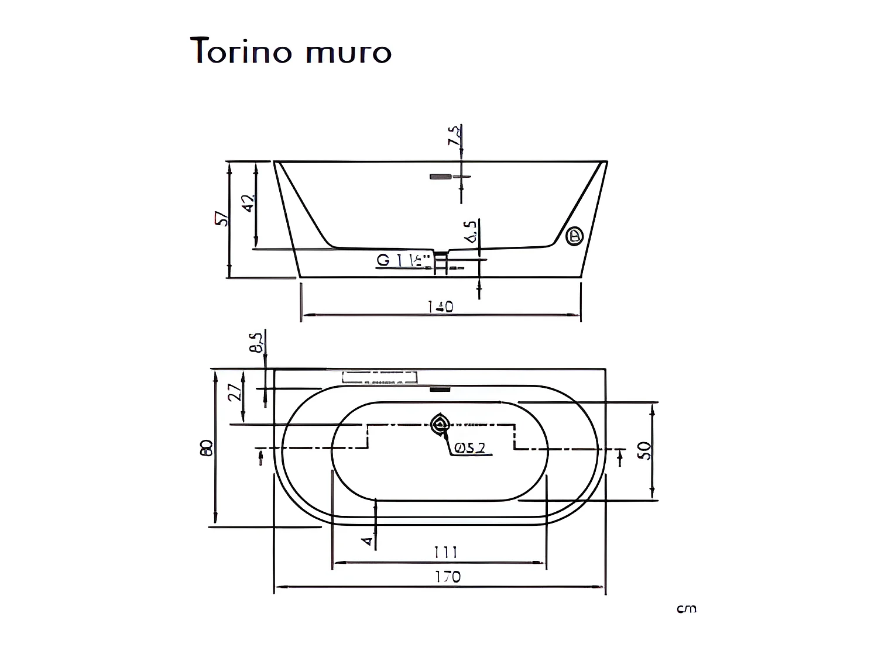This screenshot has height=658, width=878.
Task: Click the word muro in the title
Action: pyautogui.click(x=348, y=53)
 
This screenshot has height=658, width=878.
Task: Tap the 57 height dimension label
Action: pyautogui.click(x=222, y=219)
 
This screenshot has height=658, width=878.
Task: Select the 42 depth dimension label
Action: pyautogui.click(x=249, y=203)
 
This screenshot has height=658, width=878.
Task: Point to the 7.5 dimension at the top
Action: pyautogui.click(x=453, y=136)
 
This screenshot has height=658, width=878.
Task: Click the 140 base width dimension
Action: pyautogui.click(x=440, y=306)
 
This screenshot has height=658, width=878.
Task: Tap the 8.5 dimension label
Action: pyautogui.click(x=256, y=343)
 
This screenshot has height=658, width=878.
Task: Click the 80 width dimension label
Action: pyautogui.click(x=206, y=448)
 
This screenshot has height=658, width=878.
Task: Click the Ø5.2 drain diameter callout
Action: pyautogui.click(x=469, y=448)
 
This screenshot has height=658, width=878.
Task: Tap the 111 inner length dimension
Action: pyautogui.click(x=445, y=552)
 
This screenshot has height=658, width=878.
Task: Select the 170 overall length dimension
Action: pyautogui.click(x=447, y=577)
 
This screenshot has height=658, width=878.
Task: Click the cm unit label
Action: pyautogui.click(x=687, y=609)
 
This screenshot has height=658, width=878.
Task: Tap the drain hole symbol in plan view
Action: pyautogui.click(x=438, y=425)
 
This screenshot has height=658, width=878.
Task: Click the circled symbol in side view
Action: pyautogui.click(x=575, y=236)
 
